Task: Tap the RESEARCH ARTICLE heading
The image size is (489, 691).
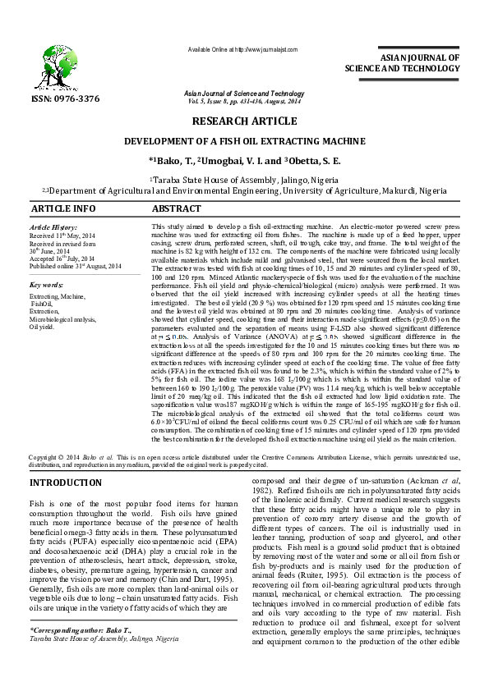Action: tap(243, 121)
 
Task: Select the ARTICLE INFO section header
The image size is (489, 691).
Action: tap(62, 209)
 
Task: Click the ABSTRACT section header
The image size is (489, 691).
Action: tap(176, 209)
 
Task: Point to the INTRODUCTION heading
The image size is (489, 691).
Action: tap(65, 482)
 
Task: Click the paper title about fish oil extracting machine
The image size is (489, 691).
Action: tap(243, 140)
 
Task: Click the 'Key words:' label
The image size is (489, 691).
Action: tap(47, 285)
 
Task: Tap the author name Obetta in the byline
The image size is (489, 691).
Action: tap(312, 160)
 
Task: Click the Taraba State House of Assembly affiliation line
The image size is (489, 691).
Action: tap(243, 178)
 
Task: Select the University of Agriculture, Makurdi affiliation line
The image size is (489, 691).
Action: tap(243, 190)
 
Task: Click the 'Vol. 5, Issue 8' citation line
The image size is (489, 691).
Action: tap(243, 102)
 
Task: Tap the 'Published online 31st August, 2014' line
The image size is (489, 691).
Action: tap(74, 266)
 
